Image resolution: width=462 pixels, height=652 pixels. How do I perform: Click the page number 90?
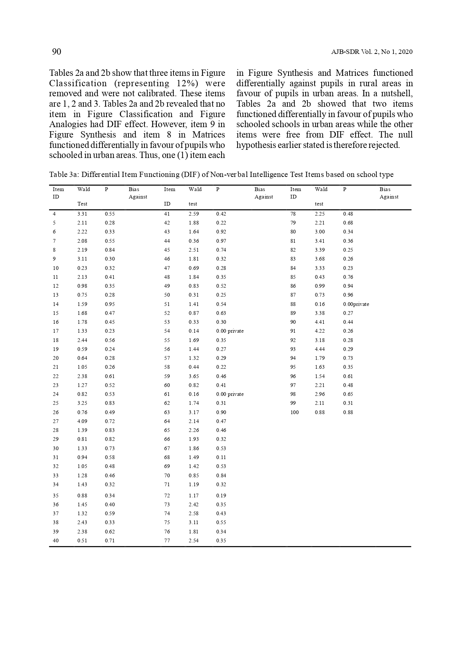click(x=57, y=52)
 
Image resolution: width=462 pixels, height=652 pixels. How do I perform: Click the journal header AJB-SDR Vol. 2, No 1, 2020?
click(x=372, y=52)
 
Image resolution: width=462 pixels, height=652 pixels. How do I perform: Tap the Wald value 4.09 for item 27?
click(x=82, y=421)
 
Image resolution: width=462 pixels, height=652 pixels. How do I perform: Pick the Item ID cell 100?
click(x=294, y=412)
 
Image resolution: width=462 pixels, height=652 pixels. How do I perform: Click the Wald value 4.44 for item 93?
click(x=320, y=349)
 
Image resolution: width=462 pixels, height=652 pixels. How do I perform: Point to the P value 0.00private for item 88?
click(x=356, y=304)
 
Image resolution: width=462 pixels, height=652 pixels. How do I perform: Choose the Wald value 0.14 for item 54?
click(x=194, y=331)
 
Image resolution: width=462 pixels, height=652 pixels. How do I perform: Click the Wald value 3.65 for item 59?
click(x=194, y=376)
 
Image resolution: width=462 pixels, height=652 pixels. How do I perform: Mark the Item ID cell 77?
click(x=167, y=540)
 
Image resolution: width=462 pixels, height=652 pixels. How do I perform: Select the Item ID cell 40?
click(x=55, y=540)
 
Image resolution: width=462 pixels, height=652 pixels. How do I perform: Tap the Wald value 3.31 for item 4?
click(x=82, y=214)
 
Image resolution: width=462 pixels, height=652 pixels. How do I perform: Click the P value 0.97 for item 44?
click(x=221, y=241)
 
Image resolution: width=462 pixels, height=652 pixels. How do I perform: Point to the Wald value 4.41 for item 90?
click(x=320, y=322)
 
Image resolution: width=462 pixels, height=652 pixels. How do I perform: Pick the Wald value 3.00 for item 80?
click(x=320, y=232)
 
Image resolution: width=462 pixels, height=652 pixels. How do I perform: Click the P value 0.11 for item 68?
click(x=221, y=457)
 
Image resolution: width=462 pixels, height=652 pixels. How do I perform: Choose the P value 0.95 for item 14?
click(x=110, y=304)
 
